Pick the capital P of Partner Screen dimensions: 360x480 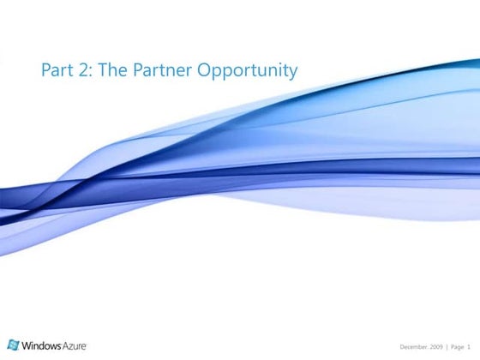coord(138,69)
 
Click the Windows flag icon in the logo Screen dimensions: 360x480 coord(15,345)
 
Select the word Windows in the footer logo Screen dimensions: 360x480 coord(40,345)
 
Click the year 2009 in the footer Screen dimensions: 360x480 coord(435,346)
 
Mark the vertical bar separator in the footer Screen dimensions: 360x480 coord(447,346)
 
